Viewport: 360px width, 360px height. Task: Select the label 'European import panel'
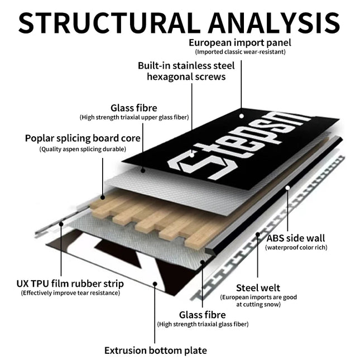(x=240, y=42)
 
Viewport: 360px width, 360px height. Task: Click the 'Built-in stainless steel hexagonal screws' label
(x=186, y=71)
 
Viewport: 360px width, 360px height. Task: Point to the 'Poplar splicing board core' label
(x=83, y=138)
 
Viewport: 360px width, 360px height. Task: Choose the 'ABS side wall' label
(x=296, y=238)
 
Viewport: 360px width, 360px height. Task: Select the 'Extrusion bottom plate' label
(x=156, y=351)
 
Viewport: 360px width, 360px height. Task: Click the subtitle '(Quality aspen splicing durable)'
(x=83, y=149)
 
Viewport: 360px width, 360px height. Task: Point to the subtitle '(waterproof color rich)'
(x=296, y=247)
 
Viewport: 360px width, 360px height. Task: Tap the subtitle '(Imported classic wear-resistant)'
(x=240, y=52)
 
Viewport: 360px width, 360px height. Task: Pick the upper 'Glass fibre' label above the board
(x=134, y=108)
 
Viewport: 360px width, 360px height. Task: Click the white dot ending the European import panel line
(x=242, y=117)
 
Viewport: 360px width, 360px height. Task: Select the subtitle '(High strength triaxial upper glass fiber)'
(x=134, y=117)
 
